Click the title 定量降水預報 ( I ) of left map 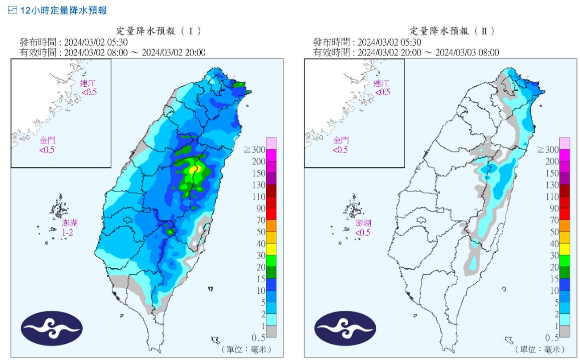coord(159,31)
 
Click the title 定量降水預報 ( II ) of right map coord(452,31)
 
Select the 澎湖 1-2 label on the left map coord(70,228)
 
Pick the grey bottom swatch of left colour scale coord(271,331)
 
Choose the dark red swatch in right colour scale coord(565,191)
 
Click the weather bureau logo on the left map coord(51,328)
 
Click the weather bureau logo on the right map coord(344,328)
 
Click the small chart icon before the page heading coord(13,10)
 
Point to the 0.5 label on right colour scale coord(552,338)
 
